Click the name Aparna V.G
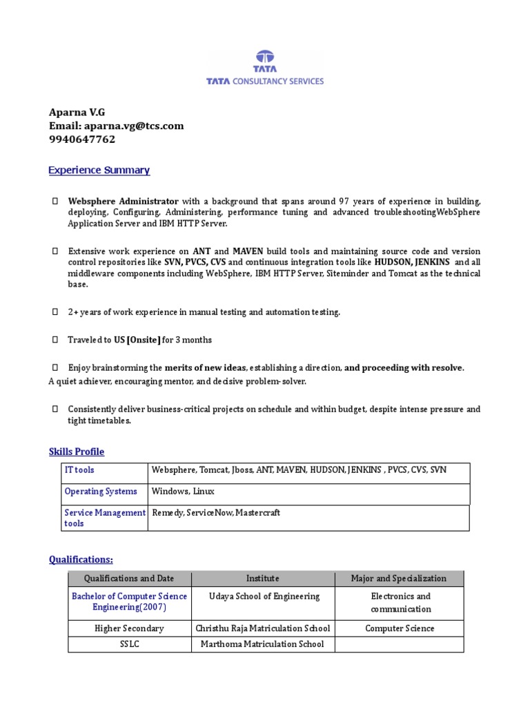tap(77, 113)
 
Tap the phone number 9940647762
tap(82, 139)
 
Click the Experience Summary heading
tap(99, 170)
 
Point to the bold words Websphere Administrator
tap(123, 201)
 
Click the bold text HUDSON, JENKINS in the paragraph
tap(412, 262)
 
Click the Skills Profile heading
tap(76, 452)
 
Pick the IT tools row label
tap(79, 470)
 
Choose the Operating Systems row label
tap(101, 492)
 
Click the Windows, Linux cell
tap(183, 492)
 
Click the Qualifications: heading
tap(81, 559)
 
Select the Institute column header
tap(262, 579)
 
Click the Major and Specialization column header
tap(398, 579)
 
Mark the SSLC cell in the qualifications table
tap(129, 644)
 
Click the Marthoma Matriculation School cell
tap(262, 644)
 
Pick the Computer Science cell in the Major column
tap(400, 628)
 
